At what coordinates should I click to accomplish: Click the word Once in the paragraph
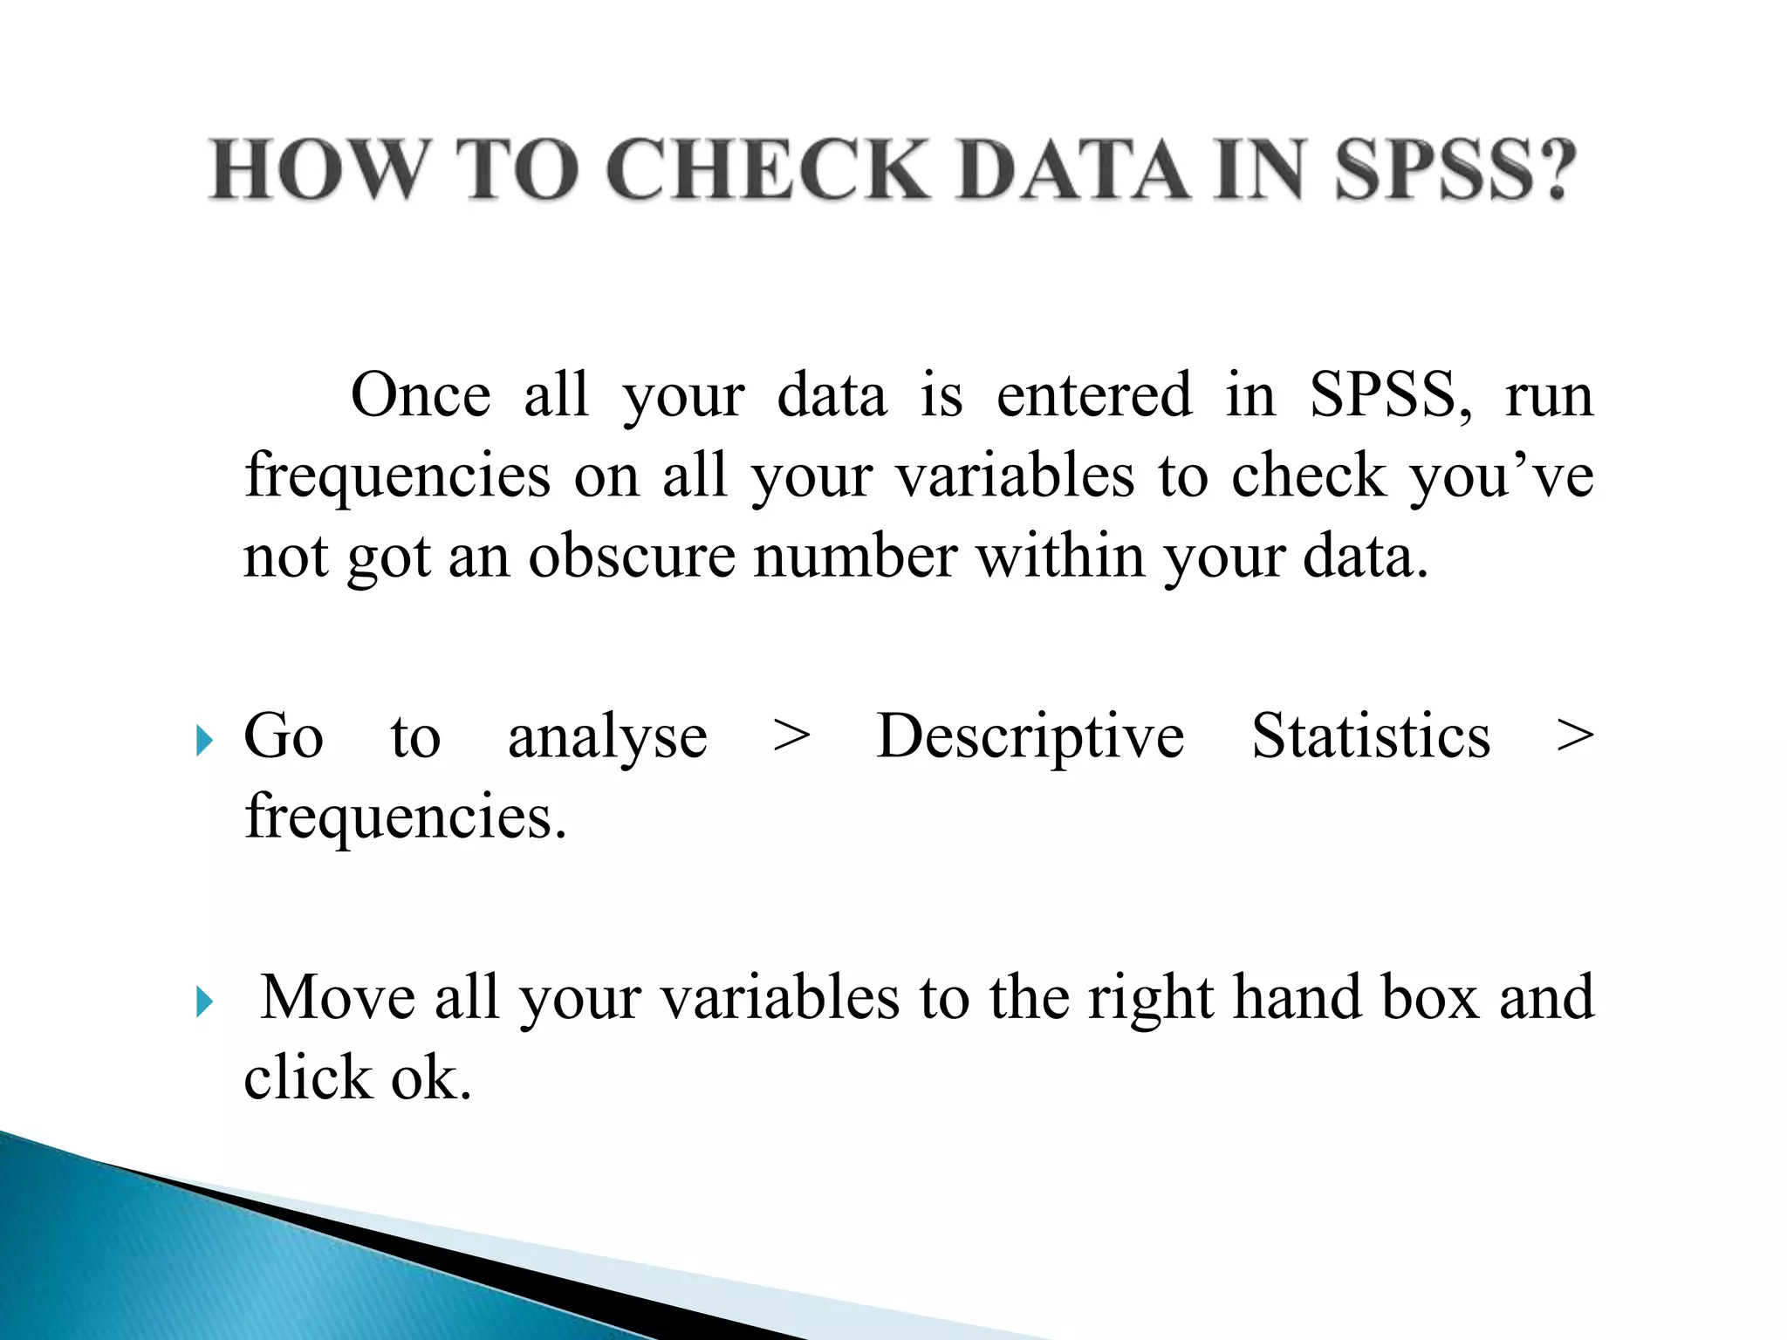coord(421,395)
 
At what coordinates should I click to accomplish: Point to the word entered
coord(1094,395)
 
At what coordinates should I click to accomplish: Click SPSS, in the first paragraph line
coord(1391,395)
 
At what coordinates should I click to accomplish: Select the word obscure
coord(632,557)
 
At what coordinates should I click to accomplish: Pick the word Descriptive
coord(1030,736)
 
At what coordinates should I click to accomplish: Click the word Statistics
coord(1371,736)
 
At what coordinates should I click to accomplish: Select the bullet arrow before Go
coord(204,742)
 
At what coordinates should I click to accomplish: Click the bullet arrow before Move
coord(204,1002)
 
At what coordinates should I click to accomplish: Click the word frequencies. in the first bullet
coord(406,817)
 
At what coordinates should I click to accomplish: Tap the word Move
coord(339,997)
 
